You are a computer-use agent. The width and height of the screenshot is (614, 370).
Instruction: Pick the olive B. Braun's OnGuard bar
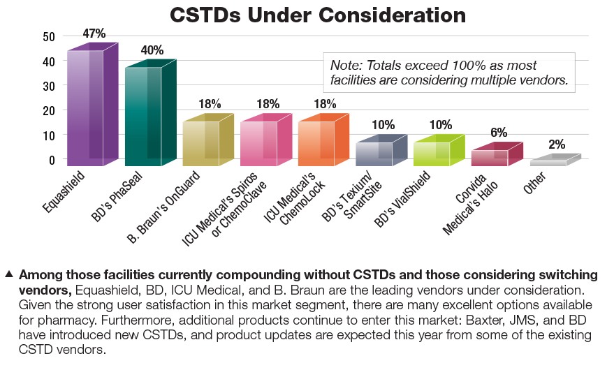coord(201,142)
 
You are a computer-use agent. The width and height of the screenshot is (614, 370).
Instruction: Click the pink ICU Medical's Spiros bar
coord(258,142)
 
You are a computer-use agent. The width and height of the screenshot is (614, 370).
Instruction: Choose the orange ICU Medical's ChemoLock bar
coord(316,142)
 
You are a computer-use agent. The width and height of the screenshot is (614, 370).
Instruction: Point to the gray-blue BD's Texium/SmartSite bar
coord(374,153)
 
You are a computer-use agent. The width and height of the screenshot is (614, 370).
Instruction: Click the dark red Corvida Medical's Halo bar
coord(490,157)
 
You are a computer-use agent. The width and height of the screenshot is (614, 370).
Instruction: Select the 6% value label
coord(498,133)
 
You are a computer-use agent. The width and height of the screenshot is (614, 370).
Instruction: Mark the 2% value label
coord(557,145)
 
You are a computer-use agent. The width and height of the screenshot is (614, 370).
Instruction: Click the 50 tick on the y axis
coord(48,36)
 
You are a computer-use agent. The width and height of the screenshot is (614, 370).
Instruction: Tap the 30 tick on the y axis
coord(48,86)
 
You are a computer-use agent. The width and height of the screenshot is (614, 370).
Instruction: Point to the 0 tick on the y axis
coord(51,160)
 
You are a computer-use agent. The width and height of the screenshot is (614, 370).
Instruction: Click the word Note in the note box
coord(346,65)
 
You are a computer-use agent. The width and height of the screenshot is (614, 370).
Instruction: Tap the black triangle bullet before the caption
coord(9,273)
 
